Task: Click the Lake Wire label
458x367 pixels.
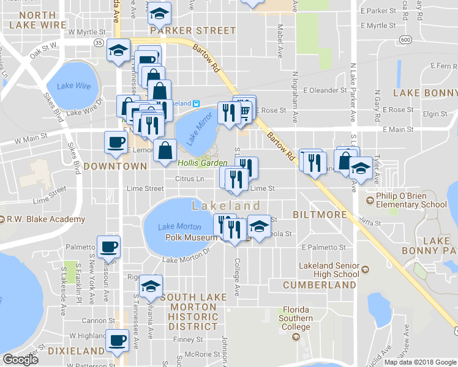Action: [x=74, y=86]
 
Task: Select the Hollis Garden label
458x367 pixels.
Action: [x=203, y=163]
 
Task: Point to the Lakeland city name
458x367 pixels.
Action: [x=226, y=206]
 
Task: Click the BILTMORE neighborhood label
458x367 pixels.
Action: [x=320, y=215]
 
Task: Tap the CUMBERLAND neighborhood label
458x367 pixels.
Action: [x=320, y=285]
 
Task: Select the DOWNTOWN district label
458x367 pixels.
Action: [x=115, y=166]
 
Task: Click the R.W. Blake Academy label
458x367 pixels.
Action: [x=46, y=220]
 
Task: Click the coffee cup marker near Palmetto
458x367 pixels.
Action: [x=109, y=247]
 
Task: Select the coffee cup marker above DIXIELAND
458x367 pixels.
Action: [x=117, y=340]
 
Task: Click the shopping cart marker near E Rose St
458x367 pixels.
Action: [x=244, y=110]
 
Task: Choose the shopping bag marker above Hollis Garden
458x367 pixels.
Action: [x=165, y=149]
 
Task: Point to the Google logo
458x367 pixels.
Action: [x=20, y=360]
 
